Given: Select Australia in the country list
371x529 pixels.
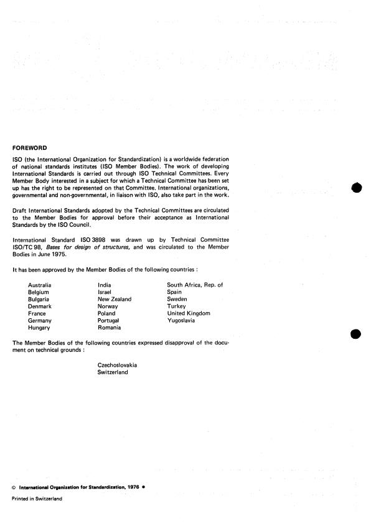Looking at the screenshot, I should (40, 285).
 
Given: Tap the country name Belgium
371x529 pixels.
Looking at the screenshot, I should (39, 292).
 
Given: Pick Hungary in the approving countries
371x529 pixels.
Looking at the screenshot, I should (39, 328).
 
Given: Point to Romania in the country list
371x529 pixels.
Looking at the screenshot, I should (110, 328).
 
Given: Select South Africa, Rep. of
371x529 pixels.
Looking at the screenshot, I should (194, 285).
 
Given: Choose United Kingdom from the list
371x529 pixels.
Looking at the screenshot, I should (189, 313).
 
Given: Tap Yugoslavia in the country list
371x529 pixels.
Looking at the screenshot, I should (181, 321).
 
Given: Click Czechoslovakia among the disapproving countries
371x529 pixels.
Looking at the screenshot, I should (117, 365).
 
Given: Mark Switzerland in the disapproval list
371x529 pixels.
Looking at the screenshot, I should (113, 372).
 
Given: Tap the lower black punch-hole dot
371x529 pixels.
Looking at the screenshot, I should (356, 334).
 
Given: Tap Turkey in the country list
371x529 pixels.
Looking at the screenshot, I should (177, 306).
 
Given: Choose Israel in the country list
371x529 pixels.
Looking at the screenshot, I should (104, 292).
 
